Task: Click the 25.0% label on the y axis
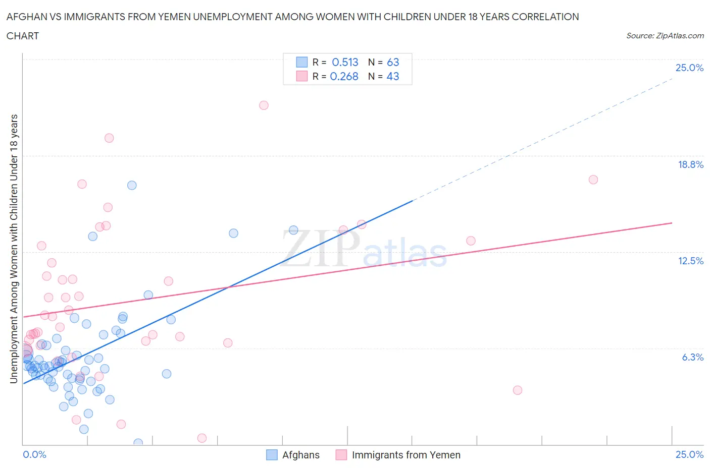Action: (x=689, y=68)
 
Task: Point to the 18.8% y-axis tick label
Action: (x=690, y=164)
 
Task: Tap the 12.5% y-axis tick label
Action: (x=690, y=261)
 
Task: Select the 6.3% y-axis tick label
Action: (x=692, y=357)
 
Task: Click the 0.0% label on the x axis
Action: (x=34, y=454)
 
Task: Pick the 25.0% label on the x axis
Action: (x=689, y=454)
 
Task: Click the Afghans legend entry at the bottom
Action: (x=300, y=455)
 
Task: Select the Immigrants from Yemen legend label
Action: (x=405, y=455)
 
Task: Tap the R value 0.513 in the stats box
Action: (x=345, y=62)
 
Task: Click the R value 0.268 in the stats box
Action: (x=344, y=76)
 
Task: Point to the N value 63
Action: (x=393, y=62)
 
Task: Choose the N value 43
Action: (x=393, y=76)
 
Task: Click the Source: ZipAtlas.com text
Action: (x=665, y=36)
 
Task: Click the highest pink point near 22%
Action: (x=264, y=105)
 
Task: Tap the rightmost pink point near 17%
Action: (x=593, y=180)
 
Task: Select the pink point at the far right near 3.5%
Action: (x=517, y=390)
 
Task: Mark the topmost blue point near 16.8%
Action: (x=132, y=185)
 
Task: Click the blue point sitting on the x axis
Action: (x=138, y=443)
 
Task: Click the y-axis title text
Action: (x=14, y=249)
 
